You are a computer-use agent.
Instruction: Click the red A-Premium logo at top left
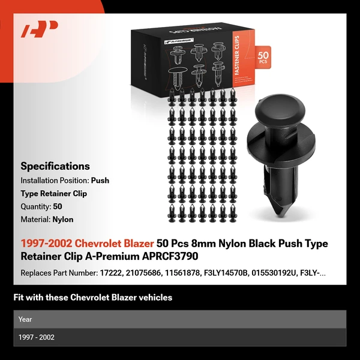(39, 29)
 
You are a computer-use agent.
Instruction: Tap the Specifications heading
(55, 166)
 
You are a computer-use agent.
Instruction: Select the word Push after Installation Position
(100, 180)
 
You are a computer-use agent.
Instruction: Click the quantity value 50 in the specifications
(58, 206)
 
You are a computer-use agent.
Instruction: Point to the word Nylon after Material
(63, 220)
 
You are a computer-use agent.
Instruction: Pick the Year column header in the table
(25, 319)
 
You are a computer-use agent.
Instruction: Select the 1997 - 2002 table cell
(37, 337)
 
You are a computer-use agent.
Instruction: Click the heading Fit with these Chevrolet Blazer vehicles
(92, 297)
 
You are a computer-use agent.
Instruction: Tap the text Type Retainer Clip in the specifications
(54, 193)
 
